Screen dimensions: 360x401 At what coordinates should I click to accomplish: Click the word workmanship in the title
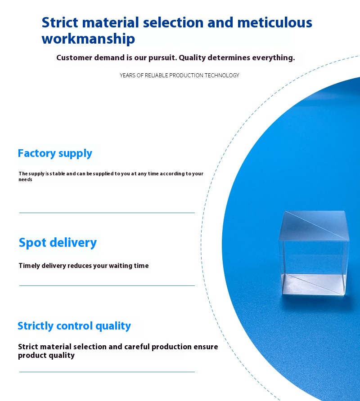88,39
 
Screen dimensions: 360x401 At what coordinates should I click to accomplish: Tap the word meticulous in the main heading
275,22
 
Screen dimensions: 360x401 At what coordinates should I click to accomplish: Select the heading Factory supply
55,153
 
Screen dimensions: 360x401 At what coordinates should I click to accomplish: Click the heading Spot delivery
58,243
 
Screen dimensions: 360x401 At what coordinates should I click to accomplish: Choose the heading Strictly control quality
74,326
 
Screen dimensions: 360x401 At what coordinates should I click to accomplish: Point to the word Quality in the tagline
192,58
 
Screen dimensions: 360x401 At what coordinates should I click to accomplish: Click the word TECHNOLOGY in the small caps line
222,76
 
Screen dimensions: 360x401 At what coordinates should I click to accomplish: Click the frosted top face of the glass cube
314,225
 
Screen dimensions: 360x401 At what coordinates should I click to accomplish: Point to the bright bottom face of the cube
314,284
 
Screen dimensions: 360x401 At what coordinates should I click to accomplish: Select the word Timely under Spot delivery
29,266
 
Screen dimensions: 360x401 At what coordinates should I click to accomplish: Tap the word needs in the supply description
25,179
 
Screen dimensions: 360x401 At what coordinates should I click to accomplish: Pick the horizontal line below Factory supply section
107,213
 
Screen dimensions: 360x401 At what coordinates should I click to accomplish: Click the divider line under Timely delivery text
107,285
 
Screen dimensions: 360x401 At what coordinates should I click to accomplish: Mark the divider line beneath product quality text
107,372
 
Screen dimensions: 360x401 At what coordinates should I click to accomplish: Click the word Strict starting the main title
60,22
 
